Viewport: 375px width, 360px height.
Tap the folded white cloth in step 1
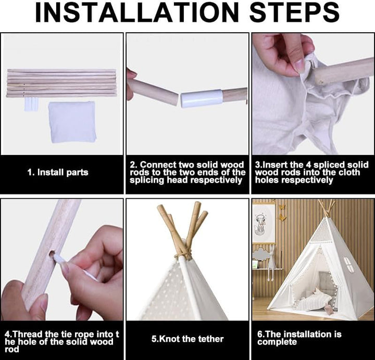[x=72, y=122]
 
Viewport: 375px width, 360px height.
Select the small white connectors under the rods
[x=31, y=104]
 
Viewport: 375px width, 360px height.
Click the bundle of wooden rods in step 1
[x=61, y=83]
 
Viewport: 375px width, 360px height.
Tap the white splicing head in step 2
[x=202, y=98]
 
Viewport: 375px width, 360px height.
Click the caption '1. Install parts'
[x=58, y=172]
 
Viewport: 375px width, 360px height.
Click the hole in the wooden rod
[x=53, y=254]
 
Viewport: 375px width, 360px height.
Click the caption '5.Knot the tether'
[x=187, y=339]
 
